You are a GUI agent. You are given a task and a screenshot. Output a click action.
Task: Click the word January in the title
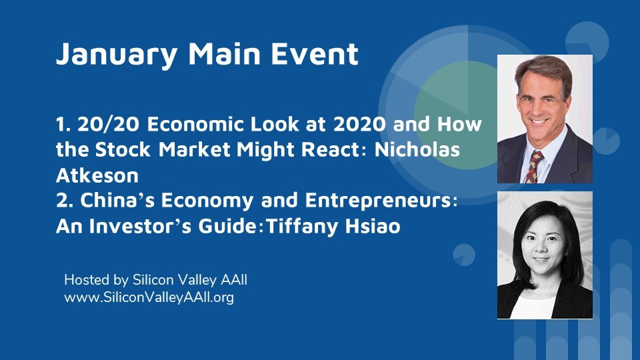117,55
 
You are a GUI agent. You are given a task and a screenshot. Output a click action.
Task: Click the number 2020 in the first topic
359,124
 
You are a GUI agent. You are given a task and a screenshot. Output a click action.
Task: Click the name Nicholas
417,149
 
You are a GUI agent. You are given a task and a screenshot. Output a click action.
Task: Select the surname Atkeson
97,175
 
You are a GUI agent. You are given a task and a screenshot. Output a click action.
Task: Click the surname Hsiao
373,226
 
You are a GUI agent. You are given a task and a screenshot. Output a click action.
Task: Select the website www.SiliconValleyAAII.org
149,297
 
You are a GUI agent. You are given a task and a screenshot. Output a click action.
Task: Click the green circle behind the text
456,115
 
